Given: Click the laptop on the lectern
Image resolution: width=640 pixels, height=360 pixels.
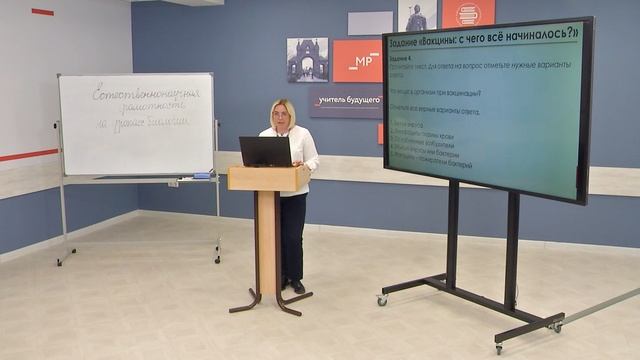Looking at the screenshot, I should pos(265,151).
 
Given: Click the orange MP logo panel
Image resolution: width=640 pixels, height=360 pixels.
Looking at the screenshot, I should pos(356,60).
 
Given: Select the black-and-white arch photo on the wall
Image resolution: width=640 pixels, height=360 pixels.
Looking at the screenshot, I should pos(307,59).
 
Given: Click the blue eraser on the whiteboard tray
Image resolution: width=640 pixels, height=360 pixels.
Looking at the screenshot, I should pos(202,175).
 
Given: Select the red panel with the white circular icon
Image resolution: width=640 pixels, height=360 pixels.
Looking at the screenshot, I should pos(468,13).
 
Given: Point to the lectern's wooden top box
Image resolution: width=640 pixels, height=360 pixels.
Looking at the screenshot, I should pos(268,178).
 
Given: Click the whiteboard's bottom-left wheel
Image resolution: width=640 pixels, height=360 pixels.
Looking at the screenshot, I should pos(59,263).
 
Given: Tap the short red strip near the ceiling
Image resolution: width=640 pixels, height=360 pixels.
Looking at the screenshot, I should pos(42,12).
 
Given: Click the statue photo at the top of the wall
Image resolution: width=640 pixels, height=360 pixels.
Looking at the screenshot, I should pos(417,15).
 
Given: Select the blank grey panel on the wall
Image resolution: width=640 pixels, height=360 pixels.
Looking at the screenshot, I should pos(370,23).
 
